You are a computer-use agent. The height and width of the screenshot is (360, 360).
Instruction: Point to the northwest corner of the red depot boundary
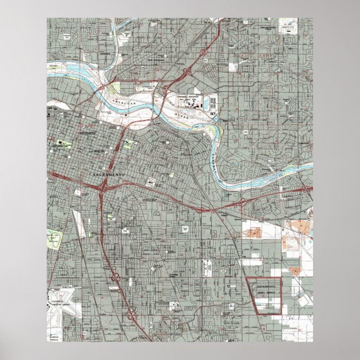pyautogui.click(x=246, y=278)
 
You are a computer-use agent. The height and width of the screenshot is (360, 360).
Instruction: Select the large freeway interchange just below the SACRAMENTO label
pyautogui.click(x=102, y=190)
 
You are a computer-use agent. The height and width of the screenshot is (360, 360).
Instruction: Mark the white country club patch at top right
pyautogui.click(x=289, y=29)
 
